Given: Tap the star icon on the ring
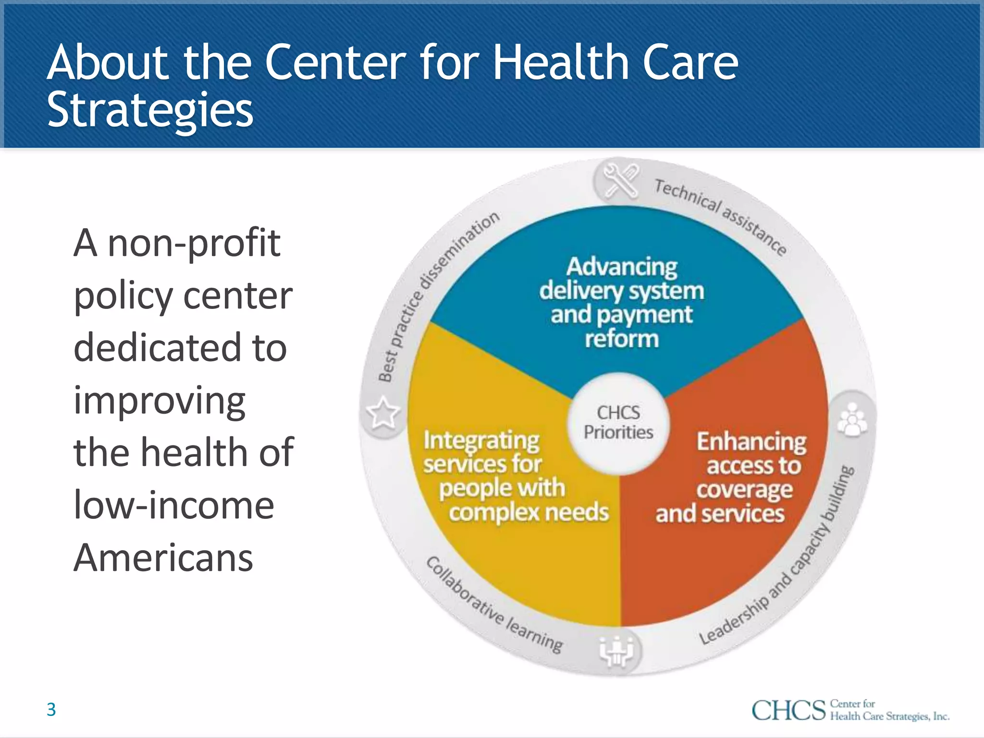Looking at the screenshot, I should (383, 413).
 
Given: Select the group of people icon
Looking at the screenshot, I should (852, 419).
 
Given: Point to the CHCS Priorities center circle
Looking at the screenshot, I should (618, 423).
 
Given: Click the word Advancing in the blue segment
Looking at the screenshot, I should (622, 267).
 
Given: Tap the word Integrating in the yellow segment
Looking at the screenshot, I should (481, 440).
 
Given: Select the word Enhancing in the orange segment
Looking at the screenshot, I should (751, 442).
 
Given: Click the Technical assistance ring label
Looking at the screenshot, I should (721, 216).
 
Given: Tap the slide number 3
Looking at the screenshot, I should (51, 710).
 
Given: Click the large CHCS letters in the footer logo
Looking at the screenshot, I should (788, 711).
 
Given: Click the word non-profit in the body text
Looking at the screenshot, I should (194, 243).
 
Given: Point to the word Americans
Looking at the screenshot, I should (163, 558).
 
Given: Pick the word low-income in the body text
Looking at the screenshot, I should (174, 505).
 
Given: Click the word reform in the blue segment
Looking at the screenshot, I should (622, 339).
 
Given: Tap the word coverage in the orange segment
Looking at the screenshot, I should (744, 490).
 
